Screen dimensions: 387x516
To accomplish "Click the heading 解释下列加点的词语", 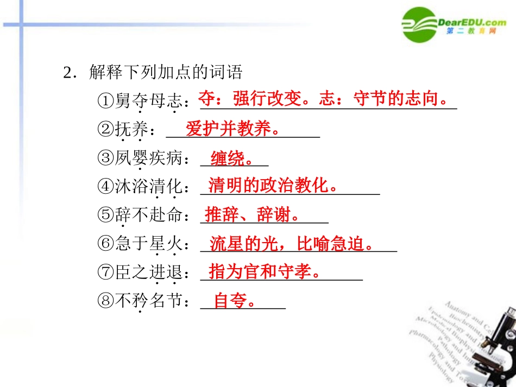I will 165,73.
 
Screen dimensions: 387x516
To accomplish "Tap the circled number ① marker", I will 106,101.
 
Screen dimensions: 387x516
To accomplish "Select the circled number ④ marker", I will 106,186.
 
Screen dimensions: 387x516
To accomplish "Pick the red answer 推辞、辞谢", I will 253,214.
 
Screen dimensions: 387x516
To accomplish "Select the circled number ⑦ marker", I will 106,272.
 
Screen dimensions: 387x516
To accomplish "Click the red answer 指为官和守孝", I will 263,271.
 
